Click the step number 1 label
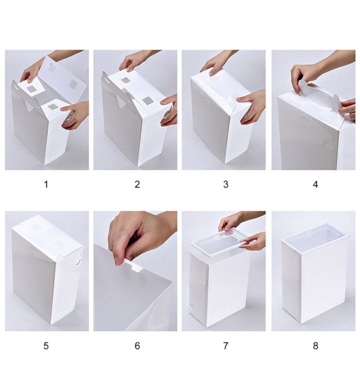pyautogui.click(x=46, y=185)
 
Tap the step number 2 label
pyautogui.click(x=137, y=185)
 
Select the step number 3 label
pyautogui.click(x=226, y=185)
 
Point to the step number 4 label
pyautogui.click(x=315, y=185)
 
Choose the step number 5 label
pyautogui.click(x=46, y=346)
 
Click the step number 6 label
pyautogui.click(x=137, y=346)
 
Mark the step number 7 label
pyautogui.click(x=226, y=346)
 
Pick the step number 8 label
pyautogui.click(x=315, y=346)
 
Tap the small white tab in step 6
pyautogui.click(x=135, y=266)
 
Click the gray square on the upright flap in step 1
pyautogui.click(x=73, y=84)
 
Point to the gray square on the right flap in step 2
pyautogui.click(x=148, y=101)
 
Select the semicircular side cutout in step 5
pyautogui.click(x=79, y=262)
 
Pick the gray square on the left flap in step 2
pyautogui.click(x=125, y=81)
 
